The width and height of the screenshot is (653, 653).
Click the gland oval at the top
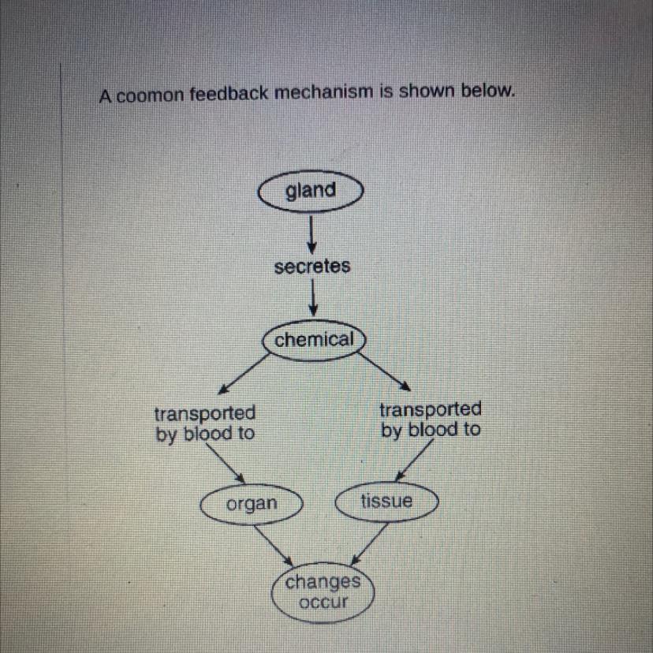[x=310, y=191]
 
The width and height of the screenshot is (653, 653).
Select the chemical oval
[x=314, y=340]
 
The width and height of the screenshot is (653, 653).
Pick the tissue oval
[x=386, y=502]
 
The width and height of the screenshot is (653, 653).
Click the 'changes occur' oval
[x=323, y=593]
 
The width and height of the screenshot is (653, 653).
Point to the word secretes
[x=312, y=267]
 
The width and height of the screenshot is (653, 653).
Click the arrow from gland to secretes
[x=312, y=232]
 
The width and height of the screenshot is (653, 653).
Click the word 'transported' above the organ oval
[x=205, y=412]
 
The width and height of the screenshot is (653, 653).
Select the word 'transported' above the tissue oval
[x=430, y=409]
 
